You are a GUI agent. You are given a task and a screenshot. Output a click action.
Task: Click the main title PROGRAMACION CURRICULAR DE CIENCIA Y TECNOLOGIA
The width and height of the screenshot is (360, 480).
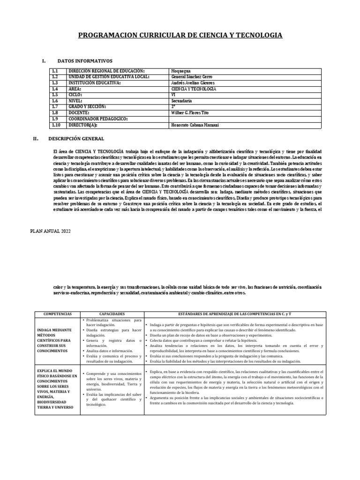click(x=180, y=35)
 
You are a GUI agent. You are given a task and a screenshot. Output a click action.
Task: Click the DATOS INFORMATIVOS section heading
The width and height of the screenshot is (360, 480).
click(x=84, y=61)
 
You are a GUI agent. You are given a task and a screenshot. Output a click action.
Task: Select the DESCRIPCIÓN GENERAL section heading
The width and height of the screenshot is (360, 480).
click(x=76, y=139)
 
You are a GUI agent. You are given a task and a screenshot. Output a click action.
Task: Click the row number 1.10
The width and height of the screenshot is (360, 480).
click(x=57, y=125)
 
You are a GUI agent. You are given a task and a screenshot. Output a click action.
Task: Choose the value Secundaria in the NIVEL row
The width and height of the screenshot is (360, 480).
click(x=182, y=100)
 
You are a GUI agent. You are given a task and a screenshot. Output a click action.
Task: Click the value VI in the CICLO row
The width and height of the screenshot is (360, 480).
click(x=174, y=94)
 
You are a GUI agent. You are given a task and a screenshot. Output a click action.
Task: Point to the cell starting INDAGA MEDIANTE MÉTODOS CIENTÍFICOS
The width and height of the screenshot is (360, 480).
click(x=55, y=340)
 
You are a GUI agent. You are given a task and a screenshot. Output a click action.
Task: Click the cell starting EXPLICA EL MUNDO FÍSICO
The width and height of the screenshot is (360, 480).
click(x=55, y=388)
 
